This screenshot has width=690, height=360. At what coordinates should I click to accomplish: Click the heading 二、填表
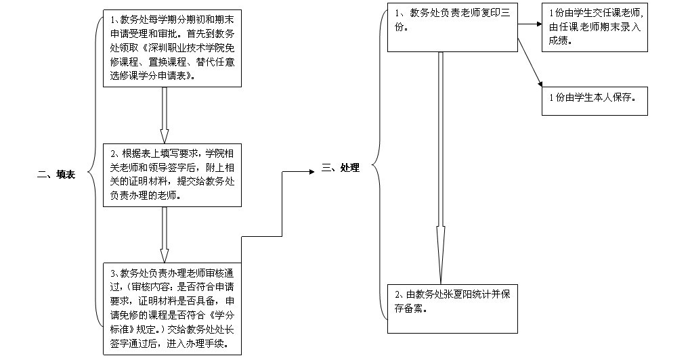tap(56, 175)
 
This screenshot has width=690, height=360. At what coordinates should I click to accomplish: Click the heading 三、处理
tap(341, 167)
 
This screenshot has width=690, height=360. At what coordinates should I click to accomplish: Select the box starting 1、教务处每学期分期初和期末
tap(173, 48)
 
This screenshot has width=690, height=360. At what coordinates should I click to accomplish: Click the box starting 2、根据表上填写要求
tap(173, 175)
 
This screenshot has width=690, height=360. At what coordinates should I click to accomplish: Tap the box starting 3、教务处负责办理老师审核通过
tap(173, 309)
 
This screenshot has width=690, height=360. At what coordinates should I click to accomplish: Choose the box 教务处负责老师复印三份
tap(452, 27)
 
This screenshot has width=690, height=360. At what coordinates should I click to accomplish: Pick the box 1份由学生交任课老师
tap(595, 27)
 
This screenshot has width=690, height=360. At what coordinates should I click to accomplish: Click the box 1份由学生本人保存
tap(595, 99)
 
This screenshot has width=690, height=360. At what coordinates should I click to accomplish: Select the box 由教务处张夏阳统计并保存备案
tap(452, 309)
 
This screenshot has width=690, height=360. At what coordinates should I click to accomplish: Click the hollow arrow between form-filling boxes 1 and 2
tap(164, 115)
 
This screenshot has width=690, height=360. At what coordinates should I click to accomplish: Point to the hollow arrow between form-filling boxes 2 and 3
tap(164, 235)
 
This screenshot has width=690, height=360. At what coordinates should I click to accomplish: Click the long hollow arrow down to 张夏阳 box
tap(441, 168)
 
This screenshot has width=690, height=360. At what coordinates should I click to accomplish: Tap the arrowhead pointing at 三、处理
tap(312, 171)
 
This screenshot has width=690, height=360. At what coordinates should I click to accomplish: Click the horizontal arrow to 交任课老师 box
tap(530, 24)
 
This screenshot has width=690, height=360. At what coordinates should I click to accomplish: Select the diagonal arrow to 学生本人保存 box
tap(530, 62)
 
